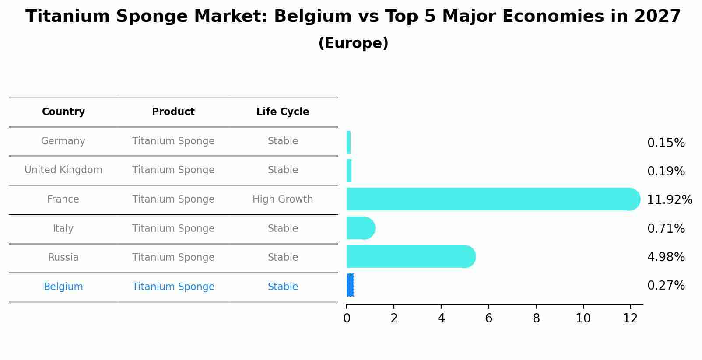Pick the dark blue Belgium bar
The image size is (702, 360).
350,285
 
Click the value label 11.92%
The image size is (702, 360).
670,200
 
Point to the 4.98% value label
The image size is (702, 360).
666,257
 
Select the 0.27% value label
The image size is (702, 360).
666,286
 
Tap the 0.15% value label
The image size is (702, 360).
666,143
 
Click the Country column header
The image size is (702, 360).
63,112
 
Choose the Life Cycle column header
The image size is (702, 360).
283,112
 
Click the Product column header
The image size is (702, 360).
173,112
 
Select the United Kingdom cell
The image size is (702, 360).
63,170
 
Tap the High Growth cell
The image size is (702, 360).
283,199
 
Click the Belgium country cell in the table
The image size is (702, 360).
63,287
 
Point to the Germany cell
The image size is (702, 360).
63,141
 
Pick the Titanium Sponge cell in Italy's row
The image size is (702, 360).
173,229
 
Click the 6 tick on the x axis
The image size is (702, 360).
489,318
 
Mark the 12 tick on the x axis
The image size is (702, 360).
631,318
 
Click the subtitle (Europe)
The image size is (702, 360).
353,43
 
